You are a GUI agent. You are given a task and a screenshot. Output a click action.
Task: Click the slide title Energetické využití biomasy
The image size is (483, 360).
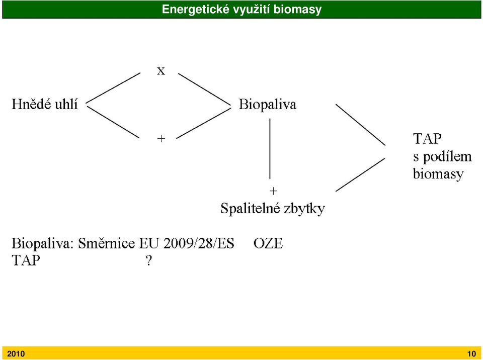tap(242, 9)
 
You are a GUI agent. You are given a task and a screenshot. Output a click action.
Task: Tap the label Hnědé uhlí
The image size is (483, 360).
tap(45, 104)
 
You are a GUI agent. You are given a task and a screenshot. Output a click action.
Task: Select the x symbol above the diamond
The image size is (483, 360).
tap(161, 71)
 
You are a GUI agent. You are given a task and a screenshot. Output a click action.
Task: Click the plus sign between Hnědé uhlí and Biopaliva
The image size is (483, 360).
tap(161, 139)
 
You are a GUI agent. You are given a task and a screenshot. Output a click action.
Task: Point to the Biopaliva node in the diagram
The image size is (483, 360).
tap(267, 105)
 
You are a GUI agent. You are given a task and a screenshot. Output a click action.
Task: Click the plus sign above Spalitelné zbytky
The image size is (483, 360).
tap(273, 191)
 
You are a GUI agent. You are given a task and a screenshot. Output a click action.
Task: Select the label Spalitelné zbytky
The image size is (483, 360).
tap(273, 209)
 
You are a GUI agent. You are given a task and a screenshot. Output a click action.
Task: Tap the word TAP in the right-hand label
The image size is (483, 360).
tap(427, 139)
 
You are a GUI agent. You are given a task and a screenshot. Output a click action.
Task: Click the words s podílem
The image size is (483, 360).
tap(442, 156)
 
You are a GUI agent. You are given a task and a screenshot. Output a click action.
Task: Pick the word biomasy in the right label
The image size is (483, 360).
tap(438, 174)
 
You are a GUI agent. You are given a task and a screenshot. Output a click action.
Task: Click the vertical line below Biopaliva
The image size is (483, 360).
tap(270, 149)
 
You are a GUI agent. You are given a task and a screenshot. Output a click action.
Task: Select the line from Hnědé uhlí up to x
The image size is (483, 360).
tap(113, 88)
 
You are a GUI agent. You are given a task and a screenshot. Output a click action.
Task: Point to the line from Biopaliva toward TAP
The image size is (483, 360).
tap(360, 124)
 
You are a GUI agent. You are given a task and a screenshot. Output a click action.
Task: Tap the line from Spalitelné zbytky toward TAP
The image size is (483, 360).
tap(360, 174)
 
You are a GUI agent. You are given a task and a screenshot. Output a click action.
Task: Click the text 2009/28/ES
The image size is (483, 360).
tap(199, 243)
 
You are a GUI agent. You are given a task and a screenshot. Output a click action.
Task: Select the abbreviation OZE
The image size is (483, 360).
tap(268, 243)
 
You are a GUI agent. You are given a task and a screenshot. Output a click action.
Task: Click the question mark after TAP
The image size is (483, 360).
tap(149, 260)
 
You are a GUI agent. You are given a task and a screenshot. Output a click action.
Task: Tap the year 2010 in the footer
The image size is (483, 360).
tap(16, 354)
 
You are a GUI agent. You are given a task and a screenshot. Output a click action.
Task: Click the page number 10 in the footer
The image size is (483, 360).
tap(471, 354)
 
